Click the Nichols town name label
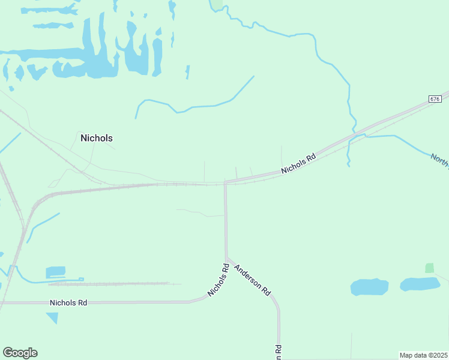(x=96, y=138)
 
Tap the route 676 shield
(x=435, y=98)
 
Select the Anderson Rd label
(x=252, y=280)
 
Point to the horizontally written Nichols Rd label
(x=68, y=303)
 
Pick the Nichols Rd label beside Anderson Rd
(x=219, y=280)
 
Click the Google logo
(x=20, y=353)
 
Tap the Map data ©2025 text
(x=423, y=355)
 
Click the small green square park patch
(x=429, y=268)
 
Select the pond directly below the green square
(x=420, y=284)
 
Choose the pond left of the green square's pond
(x=369, y=287)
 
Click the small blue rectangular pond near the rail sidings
(x=55, y=272)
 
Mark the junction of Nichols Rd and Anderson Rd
(x=226, y=259)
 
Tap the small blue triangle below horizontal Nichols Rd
(x=53, y=317)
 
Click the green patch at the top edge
(x=215, y=4)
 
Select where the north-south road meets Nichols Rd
(x=225, y=182)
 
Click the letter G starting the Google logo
(x=8, y=353)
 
